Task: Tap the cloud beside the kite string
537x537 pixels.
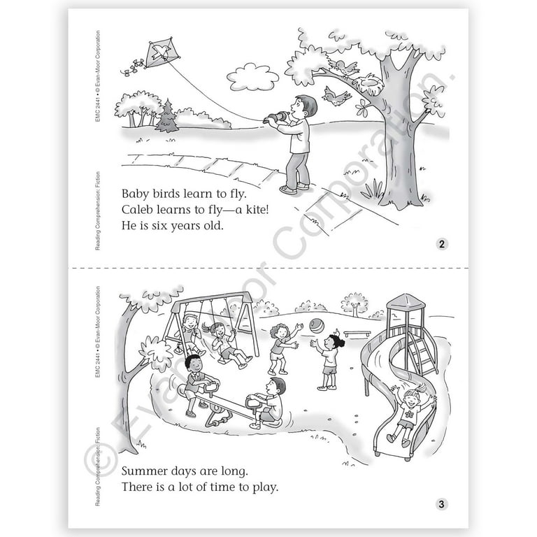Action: coord(252,78)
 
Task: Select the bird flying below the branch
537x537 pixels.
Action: coord(336,95)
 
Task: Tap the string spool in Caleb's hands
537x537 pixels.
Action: coord(277,117)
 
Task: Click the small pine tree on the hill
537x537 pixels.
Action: coord(167,116)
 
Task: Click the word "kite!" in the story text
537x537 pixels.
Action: coord(257,209)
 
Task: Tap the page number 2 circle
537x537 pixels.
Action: coord(441,244)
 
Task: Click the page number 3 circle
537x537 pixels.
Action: coord(441,503)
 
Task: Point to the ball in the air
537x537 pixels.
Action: coord(317,326)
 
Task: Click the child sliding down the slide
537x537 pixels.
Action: coord(408,414)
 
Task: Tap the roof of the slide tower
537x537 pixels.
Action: coord(406,301)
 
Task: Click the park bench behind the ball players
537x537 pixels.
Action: coord(357,334)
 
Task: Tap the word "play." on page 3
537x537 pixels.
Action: coord(266,487)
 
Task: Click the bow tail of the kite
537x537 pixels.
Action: coord(134,67)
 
